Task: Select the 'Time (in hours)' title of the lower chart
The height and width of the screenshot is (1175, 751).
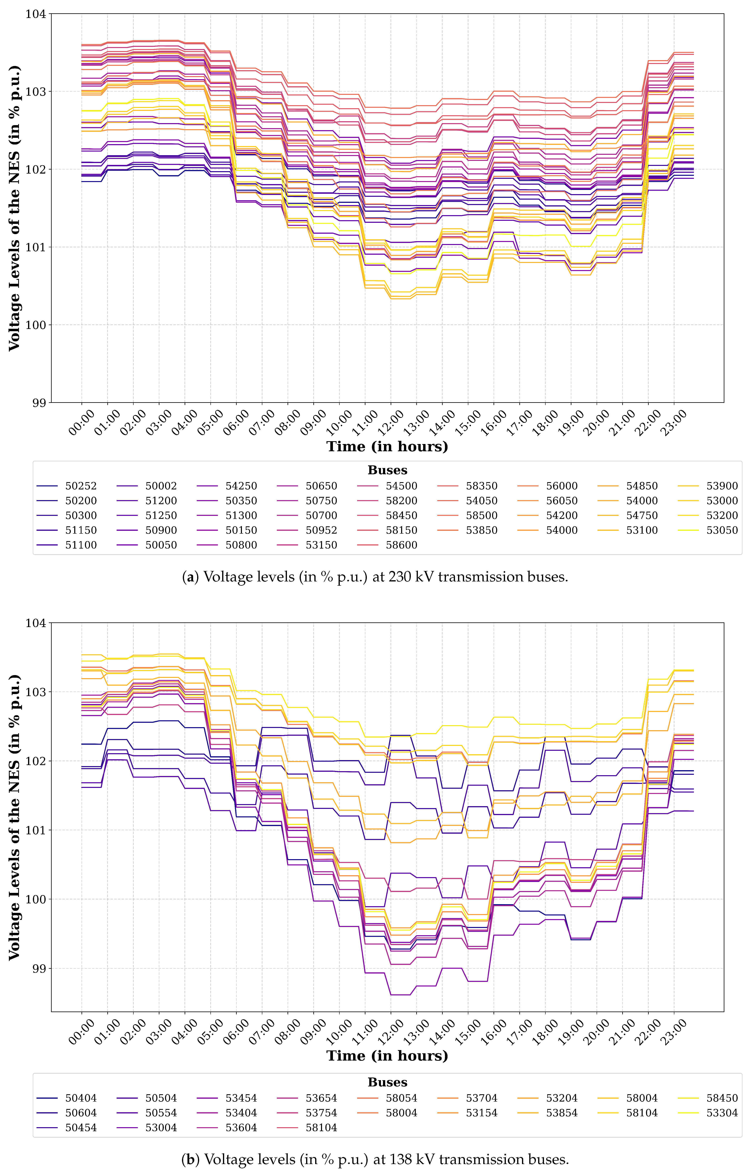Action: pos(387,1056)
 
